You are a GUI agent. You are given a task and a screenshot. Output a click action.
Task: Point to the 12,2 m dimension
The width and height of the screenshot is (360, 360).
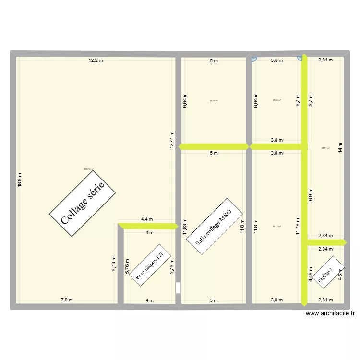[96, 60]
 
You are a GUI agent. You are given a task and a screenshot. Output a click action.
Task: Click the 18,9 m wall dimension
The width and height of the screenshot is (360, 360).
[20, 180]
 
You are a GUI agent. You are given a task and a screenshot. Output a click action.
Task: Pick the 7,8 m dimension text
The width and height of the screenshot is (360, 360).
[67, 300]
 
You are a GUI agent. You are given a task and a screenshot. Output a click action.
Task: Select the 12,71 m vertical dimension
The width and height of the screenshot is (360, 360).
[172, 140]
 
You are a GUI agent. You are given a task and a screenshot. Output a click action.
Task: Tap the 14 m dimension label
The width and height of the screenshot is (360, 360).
[340, 148]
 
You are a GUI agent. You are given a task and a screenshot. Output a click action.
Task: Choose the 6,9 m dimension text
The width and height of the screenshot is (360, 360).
[311, 189]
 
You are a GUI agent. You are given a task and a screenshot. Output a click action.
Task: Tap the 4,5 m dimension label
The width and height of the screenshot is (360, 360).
[341, 274]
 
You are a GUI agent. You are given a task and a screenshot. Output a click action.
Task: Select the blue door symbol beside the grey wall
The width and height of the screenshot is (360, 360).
[254, 60]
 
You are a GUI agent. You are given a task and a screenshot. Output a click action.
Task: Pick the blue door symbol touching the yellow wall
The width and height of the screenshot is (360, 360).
[300, 60]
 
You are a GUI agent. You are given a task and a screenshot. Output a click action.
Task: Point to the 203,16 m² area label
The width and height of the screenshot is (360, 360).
[89, 169]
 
